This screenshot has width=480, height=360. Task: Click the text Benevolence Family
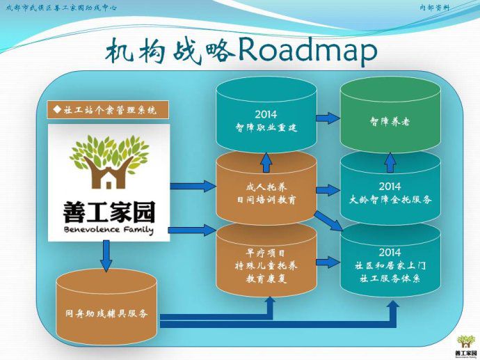(109, 229)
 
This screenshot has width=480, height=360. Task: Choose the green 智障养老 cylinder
(390, 120)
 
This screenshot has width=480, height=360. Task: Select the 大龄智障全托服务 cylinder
(390, 192)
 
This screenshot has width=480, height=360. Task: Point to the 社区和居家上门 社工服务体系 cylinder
(390, 265)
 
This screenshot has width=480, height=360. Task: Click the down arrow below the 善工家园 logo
(106, 256)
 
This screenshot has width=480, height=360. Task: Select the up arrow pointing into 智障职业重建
(266, 162)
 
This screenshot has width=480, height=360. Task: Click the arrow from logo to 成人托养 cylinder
(193, 187)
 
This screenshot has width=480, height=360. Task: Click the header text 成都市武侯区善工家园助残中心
(61, 7)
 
